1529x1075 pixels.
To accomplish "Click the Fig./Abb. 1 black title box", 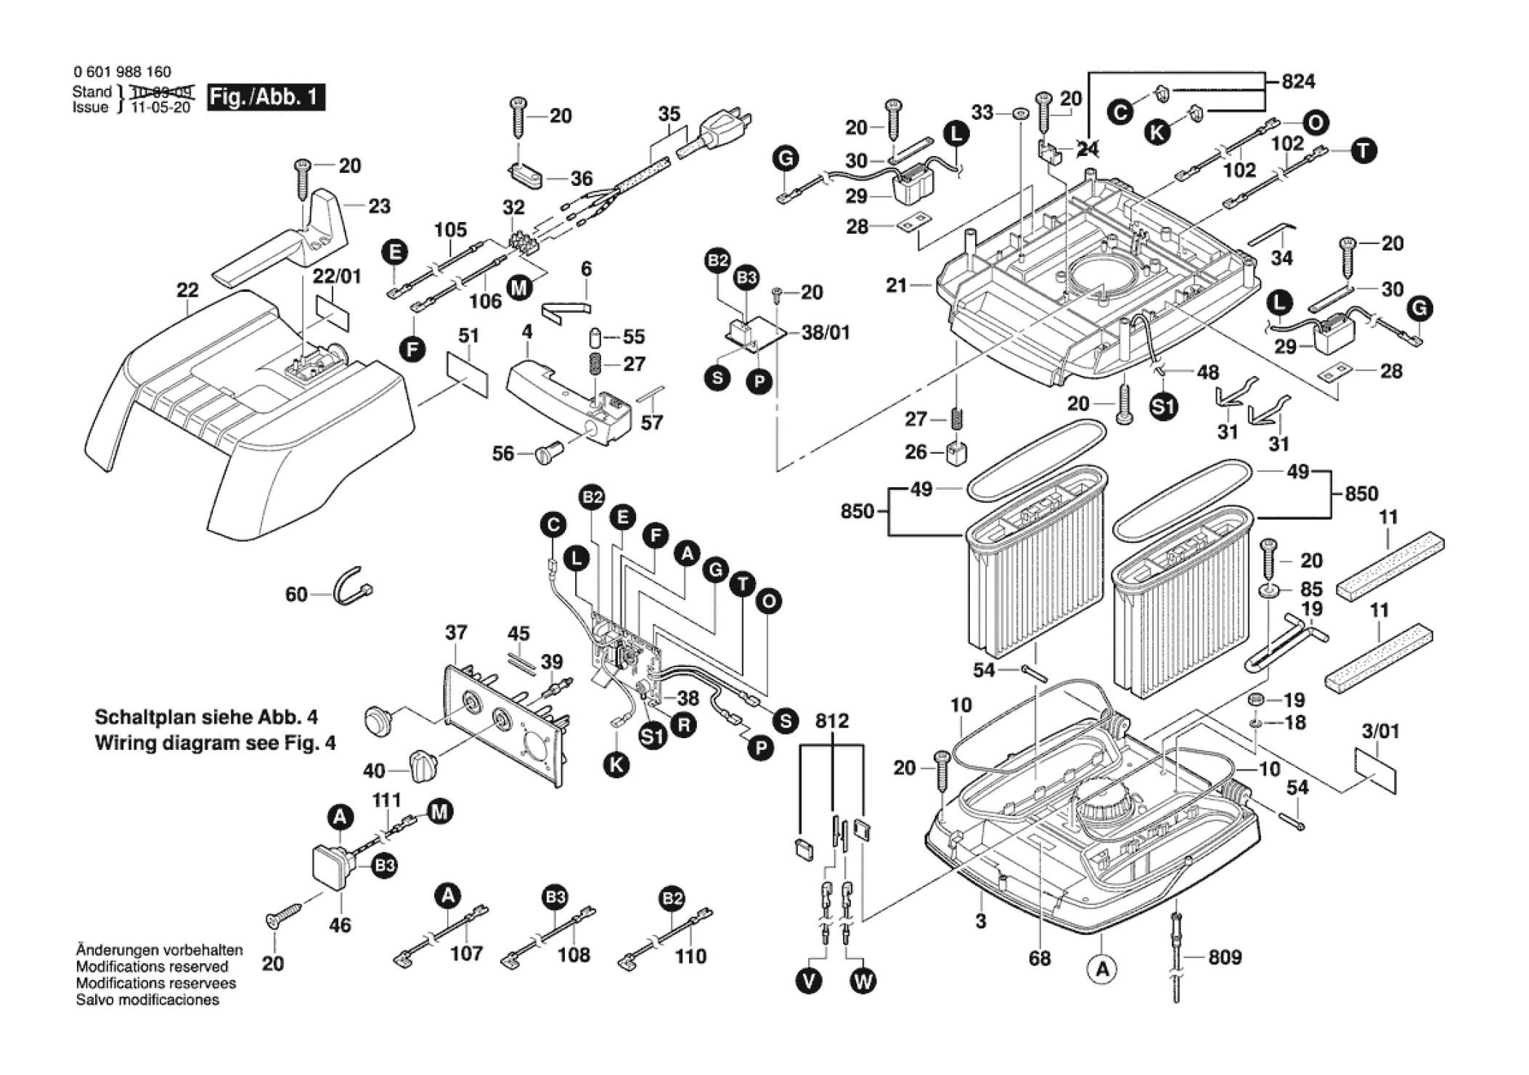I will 266,97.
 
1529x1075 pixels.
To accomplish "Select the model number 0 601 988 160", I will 122,72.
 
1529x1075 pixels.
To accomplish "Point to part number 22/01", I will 337,277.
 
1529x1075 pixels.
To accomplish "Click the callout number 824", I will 1298,81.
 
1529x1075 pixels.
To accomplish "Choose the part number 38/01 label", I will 825,333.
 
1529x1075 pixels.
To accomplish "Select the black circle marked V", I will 808,981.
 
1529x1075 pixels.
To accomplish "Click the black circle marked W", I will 863,981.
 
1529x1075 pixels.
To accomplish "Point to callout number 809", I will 1225,958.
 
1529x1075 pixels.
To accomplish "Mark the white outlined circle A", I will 1102,968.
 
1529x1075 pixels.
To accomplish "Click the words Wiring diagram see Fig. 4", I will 215,743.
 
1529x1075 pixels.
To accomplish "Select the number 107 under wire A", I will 466,954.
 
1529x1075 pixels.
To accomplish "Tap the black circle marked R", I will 683,724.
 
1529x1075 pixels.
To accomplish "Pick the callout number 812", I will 831,722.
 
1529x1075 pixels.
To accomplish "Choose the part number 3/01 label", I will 1380,732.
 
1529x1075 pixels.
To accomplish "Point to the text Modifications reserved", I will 152,967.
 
